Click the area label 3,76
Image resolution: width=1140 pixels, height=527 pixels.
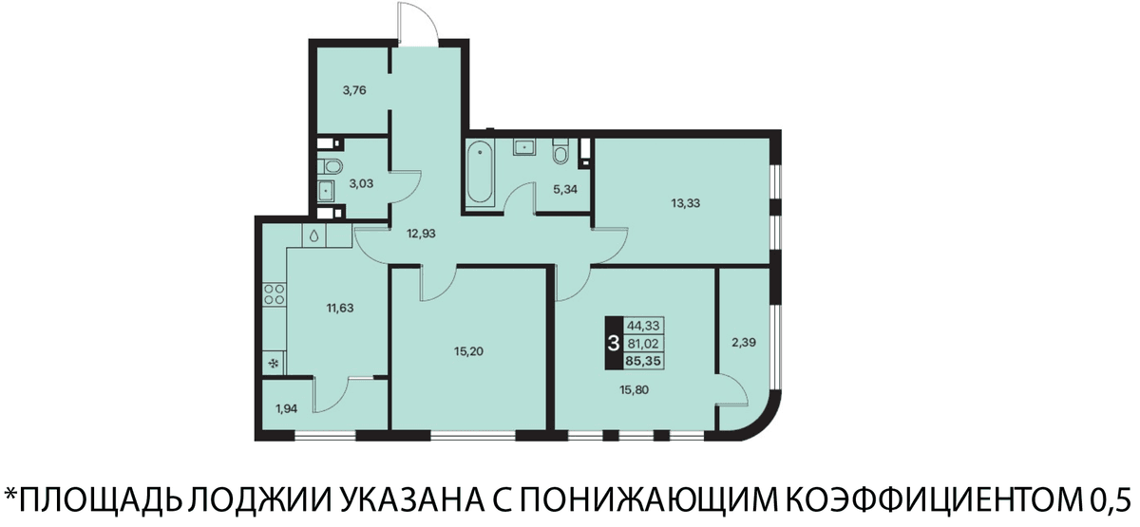point(354,91)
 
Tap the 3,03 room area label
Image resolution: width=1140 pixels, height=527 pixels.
point(361,183)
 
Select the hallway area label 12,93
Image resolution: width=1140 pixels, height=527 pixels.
point(421,234)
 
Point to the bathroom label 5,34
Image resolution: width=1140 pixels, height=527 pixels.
point(565,190)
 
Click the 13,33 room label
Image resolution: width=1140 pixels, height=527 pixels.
point(686,203)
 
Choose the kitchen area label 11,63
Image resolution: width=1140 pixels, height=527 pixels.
point(339,308)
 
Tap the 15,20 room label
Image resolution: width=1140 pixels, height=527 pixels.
point(468,351)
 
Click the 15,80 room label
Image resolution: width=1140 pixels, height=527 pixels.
point(635,390)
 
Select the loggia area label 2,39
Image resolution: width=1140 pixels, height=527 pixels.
point(744,343)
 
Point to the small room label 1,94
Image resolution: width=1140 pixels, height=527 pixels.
point(286,408)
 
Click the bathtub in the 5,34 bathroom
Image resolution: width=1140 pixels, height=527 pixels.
point(480,173)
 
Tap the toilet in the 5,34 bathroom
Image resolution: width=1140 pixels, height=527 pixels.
point(560,151)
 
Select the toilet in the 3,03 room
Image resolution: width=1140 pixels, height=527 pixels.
point(331,166)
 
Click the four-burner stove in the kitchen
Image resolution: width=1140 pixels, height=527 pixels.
point(275,294)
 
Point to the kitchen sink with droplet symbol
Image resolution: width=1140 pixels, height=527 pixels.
point(314,236)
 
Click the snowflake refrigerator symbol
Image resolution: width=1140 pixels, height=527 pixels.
point(275,364)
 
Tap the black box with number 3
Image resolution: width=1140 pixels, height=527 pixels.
point(614,344)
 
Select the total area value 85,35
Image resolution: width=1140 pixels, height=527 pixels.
point(644,361)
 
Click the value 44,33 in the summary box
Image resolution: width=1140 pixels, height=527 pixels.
point(644,326)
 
